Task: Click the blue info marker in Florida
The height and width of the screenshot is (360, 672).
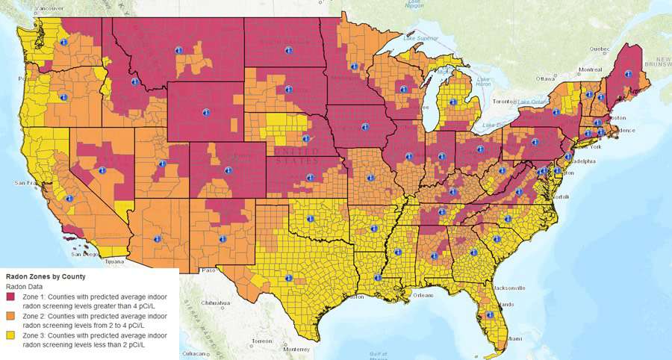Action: (490, 315)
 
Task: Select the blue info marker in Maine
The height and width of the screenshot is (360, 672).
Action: (628, 74)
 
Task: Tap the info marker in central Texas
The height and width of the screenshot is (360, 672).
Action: (289, 277)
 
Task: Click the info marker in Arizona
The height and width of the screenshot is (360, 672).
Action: (157, 240)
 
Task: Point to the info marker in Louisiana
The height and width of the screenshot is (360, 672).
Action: (377, 278)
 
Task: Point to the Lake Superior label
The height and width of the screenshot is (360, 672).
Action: (419, 37)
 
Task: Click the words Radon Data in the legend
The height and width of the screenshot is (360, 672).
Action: (25, 287)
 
